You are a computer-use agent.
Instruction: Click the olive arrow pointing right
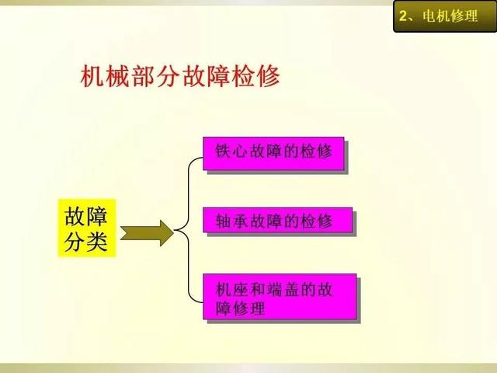pos(147,233)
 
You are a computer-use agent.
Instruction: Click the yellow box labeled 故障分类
pos(87,228)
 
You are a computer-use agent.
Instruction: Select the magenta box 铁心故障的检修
pos(273,154)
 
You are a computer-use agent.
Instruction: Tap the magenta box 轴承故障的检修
pos(278,220)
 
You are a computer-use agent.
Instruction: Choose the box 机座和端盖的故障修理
pos(280,297)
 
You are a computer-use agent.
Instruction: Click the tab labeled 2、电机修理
pos(445,16)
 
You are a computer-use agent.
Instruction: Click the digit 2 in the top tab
pos(403,16)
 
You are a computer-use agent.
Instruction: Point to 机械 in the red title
pos(105,76)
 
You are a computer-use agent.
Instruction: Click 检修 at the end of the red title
pos(255,76)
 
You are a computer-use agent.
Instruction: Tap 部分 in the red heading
pos(155,76)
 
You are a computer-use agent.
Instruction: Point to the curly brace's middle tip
pos(175,230)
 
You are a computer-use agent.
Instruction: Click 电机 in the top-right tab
pos(436,16)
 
